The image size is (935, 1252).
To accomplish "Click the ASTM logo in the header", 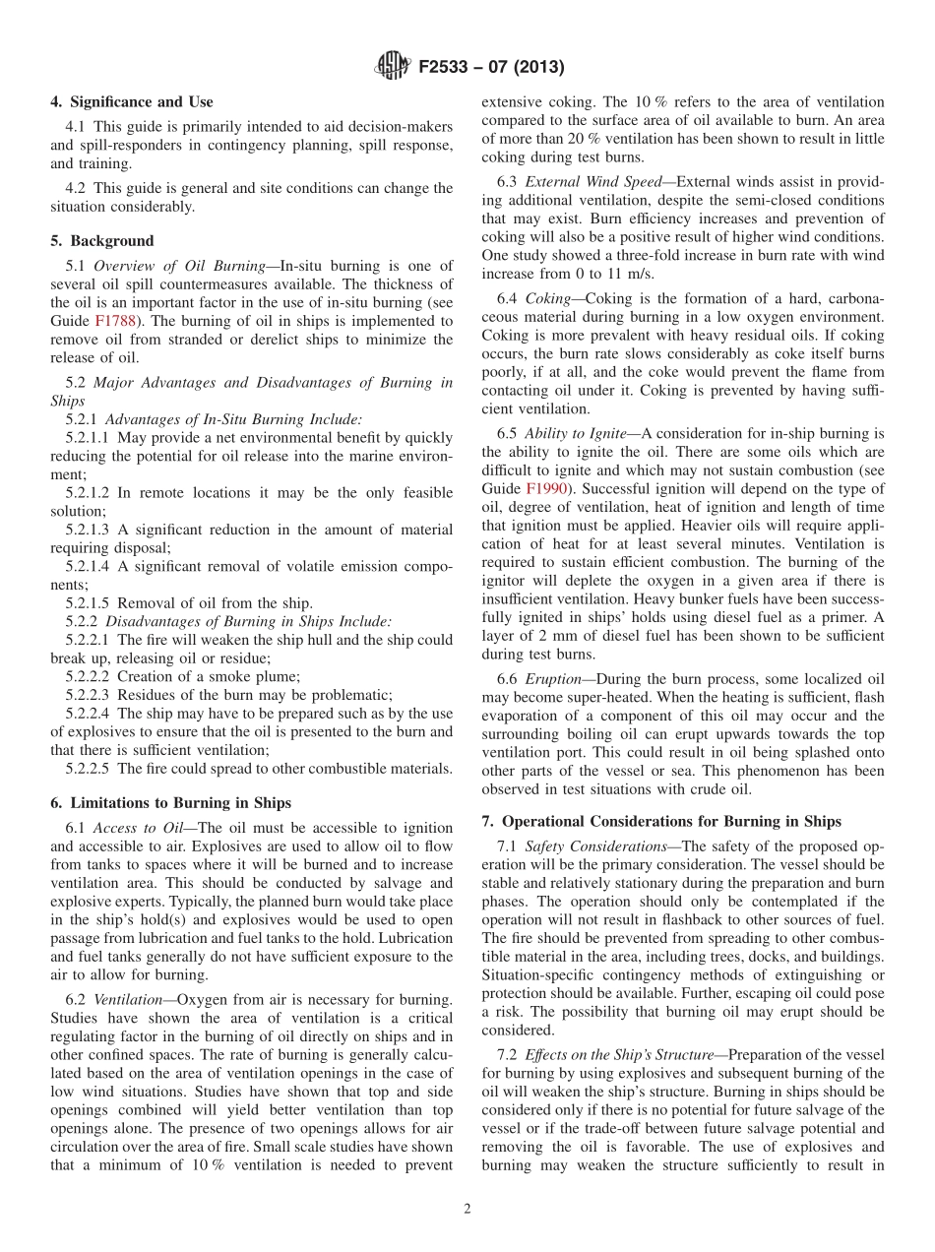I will tap(393, 67).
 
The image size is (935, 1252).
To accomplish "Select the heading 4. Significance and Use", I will tap(132, 101).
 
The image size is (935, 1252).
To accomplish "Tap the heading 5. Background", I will tap(102, 240).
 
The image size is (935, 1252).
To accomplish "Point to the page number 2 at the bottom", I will tap(467, 1209).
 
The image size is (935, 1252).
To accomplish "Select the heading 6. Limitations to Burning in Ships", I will tap(170, 802).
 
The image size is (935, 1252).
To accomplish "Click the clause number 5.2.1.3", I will tap(88, 530).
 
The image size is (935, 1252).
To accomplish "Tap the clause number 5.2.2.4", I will tap(88, 714).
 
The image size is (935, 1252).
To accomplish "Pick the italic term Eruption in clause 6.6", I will tap(552, 679).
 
